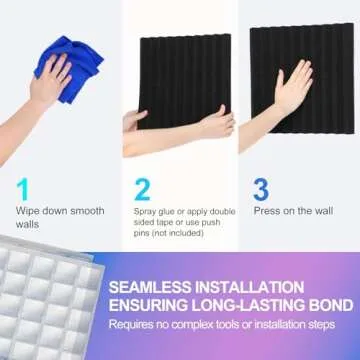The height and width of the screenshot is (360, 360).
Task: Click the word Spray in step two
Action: tap(146, 212)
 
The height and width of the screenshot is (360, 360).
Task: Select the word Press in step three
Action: tap(266, 212)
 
